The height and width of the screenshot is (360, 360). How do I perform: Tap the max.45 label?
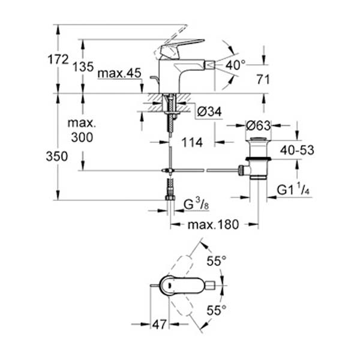119,73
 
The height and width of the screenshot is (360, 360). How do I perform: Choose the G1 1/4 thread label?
293,191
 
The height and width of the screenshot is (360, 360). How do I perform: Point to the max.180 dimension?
214,225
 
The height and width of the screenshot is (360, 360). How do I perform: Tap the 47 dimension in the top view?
159,325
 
